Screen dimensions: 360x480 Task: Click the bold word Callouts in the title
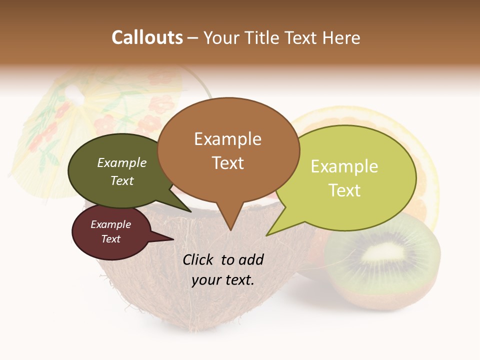(147, 37)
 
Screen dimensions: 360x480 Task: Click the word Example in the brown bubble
(227, 139)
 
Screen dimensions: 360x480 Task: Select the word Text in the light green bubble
(344, 190)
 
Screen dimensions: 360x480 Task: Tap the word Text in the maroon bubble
(111, 239)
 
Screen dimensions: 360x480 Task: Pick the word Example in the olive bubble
(122, 163)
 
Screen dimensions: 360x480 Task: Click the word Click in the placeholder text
(199, 259)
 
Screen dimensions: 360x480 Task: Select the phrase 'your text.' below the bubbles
(223, 280)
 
